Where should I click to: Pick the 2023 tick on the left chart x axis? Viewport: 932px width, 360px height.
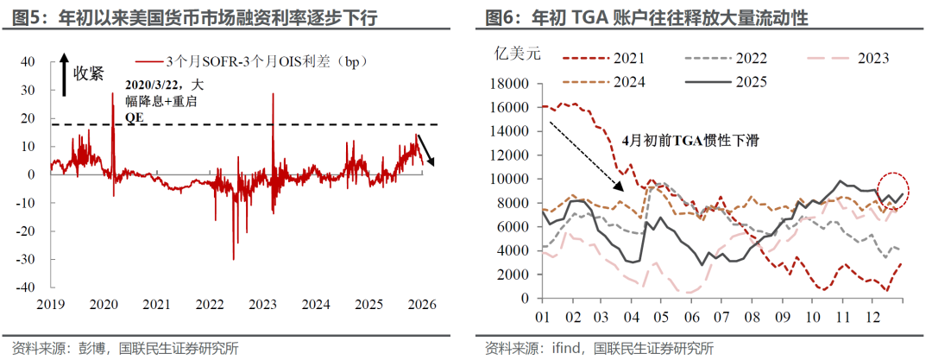(x=262, y=305)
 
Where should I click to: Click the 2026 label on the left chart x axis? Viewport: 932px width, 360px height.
(x=421, y=305)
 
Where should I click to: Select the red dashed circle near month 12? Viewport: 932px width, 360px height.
(x=894, y=189)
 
